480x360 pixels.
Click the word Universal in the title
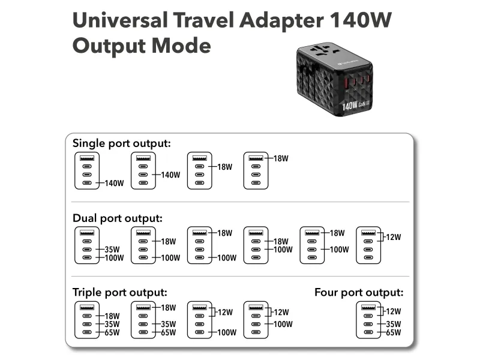click(x=121, y=20)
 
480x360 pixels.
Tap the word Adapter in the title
click(x=281, y=21)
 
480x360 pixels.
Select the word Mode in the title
click(x=181, y=46)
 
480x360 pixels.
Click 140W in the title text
click(x=361, y=20)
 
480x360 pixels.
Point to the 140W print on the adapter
click(x=350, y=106)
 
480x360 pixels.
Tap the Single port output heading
click(x=122, y=143)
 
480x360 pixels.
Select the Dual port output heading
click(x=118, y=218)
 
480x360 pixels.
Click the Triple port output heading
click(x=120, y=292)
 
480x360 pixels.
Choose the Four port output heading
click(x=359, y=292)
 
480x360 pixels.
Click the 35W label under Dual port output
click(x=112, y=250)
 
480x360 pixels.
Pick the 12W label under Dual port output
click(x=394, y=237)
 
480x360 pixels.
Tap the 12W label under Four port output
click(x=394, y=311)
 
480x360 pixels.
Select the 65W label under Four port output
click(x=394, y=332)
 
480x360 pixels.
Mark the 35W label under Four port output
click(x=394, y=324)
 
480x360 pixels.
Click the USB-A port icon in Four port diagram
click(x=368, y=307)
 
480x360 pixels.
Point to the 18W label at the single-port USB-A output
click(x=281, y=158)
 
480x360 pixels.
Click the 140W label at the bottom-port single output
click(x=114, y=184)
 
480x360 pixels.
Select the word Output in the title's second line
click(x=109, y=46)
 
